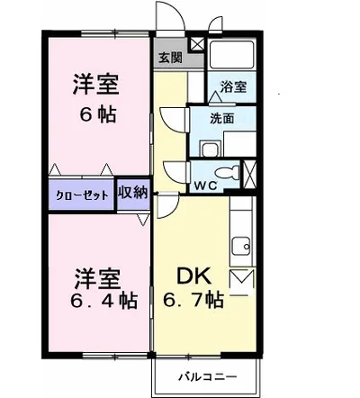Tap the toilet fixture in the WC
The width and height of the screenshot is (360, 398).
[227, 173]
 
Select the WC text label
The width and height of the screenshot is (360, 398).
[205, 186]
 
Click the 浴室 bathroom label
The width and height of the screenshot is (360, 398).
[233, 86]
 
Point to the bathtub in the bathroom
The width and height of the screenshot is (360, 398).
[231, 55]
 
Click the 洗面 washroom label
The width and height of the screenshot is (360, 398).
[221, 119]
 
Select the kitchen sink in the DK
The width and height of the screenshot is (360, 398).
[241, 247]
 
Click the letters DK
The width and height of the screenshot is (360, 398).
[193, 276]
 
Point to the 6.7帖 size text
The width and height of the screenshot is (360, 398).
[193, 300]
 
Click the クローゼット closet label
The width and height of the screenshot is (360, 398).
[82, 195]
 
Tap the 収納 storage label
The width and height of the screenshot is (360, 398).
[133, 193]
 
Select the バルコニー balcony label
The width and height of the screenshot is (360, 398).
[208, 376]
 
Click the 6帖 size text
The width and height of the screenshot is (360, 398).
[98, 115]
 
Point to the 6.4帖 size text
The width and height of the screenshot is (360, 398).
[104, 301]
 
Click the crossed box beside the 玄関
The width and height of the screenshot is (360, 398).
[197, 44]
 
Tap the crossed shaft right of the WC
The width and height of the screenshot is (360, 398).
[249, 175]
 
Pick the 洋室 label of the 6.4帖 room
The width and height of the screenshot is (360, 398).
[97, 279]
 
